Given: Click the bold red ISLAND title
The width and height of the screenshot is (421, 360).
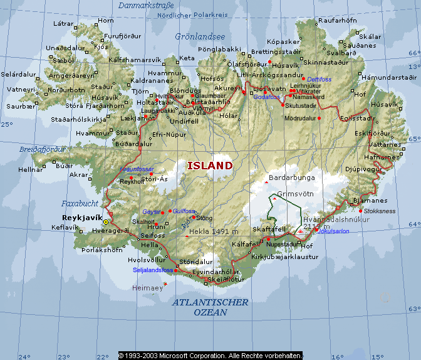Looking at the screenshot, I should (210, 166).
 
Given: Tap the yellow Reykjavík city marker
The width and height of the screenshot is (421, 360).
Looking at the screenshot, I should (106, 222).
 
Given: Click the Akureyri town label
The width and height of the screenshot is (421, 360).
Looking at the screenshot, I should (227, 88).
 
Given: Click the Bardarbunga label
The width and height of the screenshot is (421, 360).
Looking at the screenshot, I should (291, 177).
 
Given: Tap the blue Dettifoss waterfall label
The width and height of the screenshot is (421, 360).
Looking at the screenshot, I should (319, 80).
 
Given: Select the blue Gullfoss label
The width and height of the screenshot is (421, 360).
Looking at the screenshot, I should (184, 211).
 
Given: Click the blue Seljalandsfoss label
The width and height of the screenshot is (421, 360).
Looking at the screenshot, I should (153, 270).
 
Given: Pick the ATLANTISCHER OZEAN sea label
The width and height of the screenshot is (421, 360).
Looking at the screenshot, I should (210, 307).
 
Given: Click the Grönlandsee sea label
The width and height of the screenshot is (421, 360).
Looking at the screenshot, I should (200, 36).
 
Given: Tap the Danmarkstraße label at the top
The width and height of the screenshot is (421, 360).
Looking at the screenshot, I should (146, 6).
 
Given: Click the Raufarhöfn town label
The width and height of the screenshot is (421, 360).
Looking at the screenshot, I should (338, 20).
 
